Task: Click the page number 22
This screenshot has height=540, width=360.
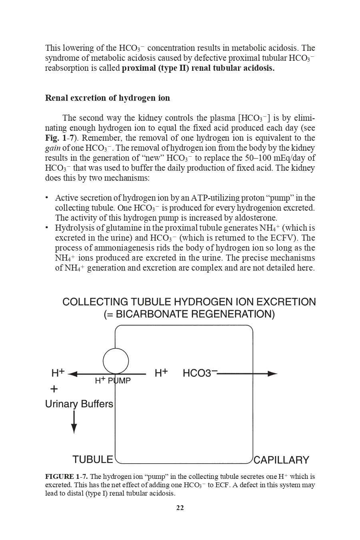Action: (x=180, y=508)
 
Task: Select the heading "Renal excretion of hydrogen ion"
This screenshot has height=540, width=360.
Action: (x=107, y=98)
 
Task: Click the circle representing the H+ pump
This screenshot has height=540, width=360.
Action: (x=116, y=361)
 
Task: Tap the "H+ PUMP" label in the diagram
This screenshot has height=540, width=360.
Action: (x=113, y=381)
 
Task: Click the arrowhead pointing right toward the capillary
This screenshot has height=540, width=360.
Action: (x=272, y=374)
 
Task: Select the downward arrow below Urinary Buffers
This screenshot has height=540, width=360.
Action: (x=74, y=422)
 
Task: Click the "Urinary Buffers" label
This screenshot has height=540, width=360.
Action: (x=79, y=404)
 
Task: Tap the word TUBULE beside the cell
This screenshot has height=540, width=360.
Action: (x=93, y=460)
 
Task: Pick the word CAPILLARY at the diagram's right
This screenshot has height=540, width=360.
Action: (x=281, y=460)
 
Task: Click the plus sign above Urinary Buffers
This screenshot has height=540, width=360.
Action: (x=54, y=389)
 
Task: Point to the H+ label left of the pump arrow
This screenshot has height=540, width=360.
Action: (x=58, y=373)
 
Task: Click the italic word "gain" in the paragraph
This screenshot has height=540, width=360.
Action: (x=53, y=148)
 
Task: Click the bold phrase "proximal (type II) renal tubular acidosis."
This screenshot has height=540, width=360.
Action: (x=198, y=68)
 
